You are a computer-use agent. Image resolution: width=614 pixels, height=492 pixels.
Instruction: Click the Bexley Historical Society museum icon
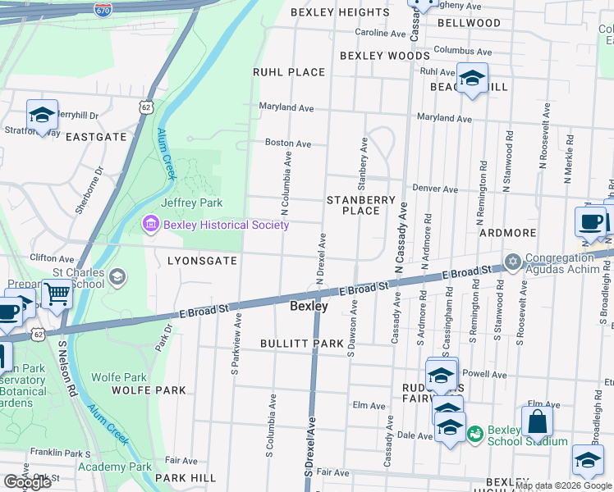click(150, 224)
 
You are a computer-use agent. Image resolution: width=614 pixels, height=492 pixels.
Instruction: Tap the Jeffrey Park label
click(192, 203)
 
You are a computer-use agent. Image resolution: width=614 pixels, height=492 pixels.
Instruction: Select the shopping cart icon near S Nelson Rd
click(57, 293)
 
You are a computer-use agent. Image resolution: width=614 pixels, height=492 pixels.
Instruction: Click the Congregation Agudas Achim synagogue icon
click(514, 262)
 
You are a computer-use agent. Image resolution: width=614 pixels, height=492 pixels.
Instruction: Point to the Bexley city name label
click(309, 307)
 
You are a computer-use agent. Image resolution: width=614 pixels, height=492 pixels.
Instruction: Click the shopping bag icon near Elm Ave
click(537, 422)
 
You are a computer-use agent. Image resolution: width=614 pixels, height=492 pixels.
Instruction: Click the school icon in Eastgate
click(42, 115)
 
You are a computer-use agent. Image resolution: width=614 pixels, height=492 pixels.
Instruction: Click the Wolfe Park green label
click(119, 377)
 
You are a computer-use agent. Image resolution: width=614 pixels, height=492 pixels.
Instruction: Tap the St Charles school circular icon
click(118, 277)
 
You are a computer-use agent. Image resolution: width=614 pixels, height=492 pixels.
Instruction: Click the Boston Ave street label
click(288, 143)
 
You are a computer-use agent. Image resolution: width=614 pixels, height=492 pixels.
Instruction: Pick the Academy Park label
click(115, 467)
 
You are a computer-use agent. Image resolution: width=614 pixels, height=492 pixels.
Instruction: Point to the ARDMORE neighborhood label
click(507, 233)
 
